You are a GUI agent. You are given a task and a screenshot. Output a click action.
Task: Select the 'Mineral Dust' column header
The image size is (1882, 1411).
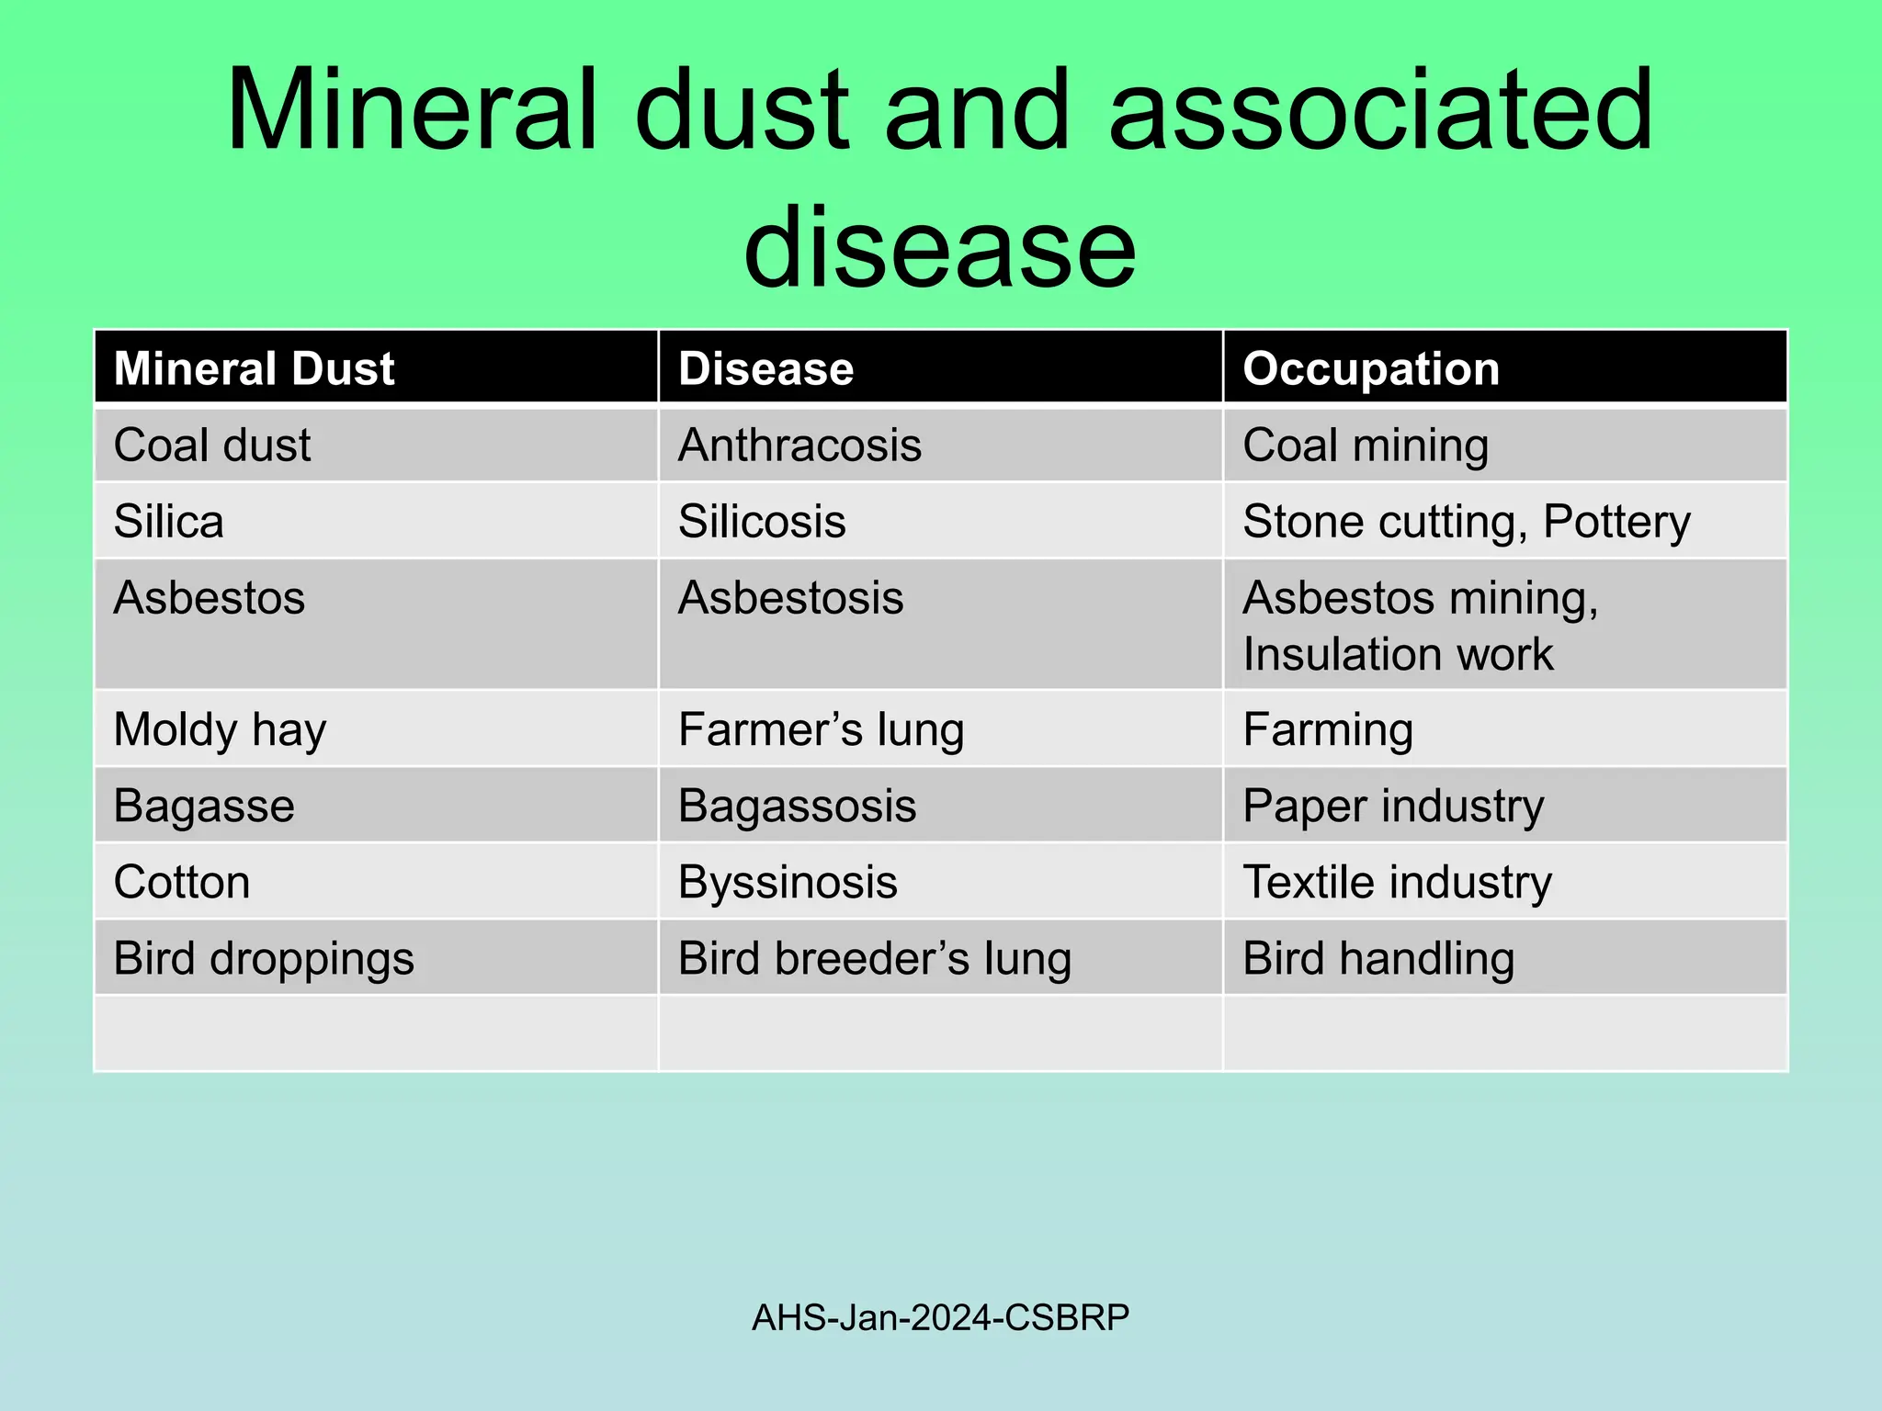click(x=254, y=368)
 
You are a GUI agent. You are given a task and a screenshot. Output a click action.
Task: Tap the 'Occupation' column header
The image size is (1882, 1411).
click(x=1370, y=368)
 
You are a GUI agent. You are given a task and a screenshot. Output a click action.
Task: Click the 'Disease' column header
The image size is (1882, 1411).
click(x=765, y=368)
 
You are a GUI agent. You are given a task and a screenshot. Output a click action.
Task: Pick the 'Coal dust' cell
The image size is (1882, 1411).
click(x=212, y=446)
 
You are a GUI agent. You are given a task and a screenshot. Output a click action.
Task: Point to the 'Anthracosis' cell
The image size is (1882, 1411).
click(x=799, y=446)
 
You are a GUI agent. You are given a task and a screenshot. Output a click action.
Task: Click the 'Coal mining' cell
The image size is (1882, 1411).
click(x=1366, y=446)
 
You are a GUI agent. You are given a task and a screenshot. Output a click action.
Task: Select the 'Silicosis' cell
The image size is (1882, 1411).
click(x=762, y=522)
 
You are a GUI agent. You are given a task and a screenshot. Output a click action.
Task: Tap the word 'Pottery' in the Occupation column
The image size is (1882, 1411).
click(x=1616, y=522)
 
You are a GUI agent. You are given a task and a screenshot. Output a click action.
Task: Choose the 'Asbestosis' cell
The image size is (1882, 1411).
click(x=790, y=598)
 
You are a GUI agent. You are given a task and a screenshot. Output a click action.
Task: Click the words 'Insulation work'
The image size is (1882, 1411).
click(x=1398, y=655)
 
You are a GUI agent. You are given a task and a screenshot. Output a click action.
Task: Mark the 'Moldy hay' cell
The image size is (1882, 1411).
click(x=220, y=730)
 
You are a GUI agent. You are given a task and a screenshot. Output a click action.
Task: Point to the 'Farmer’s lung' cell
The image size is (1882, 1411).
click(x=821, y=730)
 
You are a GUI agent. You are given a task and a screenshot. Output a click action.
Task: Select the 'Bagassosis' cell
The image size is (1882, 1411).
click(x=797, y=807)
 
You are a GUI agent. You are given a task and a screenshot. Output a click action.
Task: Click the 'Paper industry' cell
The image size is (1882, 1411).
click(x=1393, y=807)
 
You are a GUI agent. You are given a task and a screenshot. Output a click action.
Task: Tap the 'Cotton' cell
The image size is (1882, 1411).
click(x=182, y=883)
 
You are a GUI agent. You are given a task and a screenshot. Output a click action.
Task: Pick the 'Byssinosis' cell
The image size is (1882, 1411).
click(x=788, y=883)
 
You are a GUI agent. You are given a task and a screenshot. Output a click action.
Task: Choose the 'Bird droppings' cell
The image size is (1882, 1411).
click(x=264, y=959)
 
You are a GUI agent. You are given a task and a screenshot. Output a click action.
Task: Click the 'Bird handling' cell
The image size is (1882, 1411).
click(x=1378, y=959)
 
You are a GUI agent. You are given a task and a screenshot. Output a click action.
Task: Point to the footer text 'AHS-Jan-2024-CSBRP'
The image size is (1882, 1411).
click(x=940, y=1317)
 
